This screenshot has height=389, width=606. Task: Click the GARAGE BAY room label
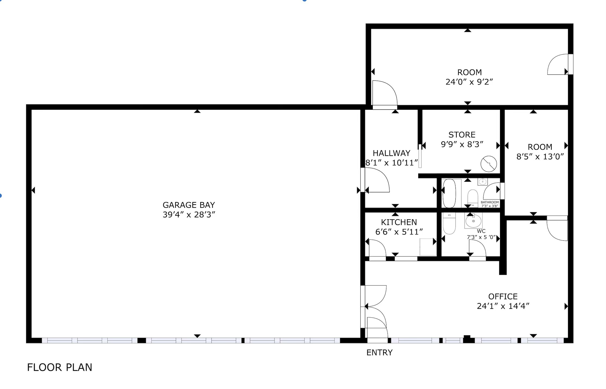[x=189, y=205]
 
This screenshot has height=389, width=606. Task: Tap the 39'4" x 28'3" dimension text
[x=189, y=215]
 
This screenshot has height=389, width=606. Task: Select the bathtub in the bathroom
[x=449, y=193]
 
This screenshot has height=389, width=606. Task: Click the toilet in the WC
[x=449, y=223]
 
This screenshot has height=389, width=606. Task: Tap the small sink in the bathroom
[x=483, y=182]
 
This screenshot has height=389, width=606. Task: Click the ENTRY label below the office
[x=379, y=353]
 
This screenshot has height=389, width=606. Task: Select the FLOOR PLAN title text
[x=60, y=367]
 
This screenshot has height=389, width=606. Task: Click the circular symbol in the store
[x=489, y=164]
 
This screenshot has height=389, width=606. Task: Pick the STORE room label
[x=462, y=135]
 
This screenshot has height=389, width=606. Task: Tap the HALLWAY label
[x=391, y=153]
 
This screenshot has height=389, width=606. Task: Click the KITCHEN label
[x=399, y=222]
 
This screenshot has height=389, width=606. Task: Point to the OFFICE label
[x=503, y=296]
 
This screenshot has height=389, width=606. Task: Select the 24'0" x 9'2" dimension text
[x=469, y=82]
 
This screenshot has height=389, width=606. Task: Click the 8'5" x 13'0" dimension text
[x=540, y=157]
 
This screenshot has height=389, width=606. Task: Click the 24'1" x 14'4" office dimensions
[x=503, y=306]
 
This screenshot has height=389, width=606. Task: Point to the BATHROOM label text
[x=490, y=202]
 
